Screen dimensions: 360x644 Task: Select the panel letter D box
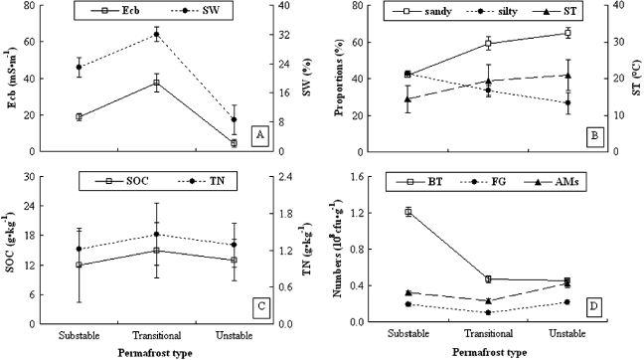tap(593, 306)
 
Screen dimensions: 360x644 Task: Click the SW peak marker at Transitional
tap(156, 35)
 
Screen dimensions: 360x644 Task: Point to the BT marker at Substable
tap(407, 212)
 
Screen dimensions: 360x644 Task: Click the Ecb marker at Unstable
tap(235, 143)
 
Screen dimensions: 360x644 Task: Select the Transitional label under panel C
tap(156, 335)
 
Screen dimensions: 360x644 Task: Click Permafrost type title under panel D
tap(487, 352)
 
